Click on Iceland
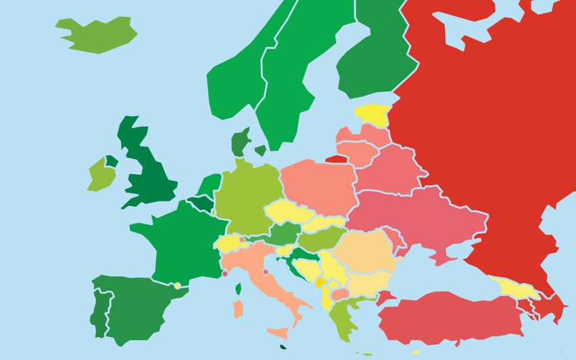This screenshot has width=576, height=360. click(98, 34)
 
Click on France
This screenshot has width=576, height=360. click(180, 237)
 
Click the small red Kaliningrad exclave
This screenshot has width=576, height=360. click(336, 160)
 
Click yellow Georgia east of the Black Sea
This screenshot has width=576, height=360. click(515, 289)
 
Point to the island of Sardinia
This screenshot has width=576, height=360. click(238, 309)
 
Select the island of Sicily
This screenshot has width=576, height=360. click(278, 334)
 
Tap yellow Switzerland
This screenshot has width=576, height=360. click(228, 243)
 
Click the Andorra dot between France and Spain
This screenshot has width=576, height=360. click(178, 285)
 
